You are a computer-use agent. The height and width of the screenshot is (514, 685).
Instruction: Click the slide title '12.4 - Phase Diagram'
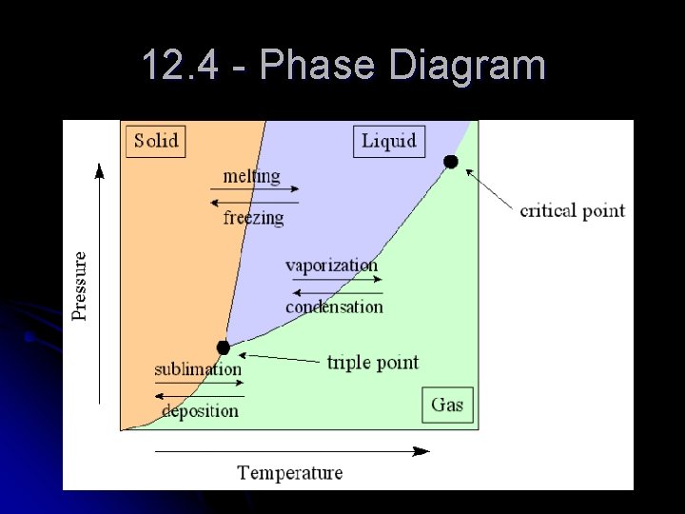(342, 67)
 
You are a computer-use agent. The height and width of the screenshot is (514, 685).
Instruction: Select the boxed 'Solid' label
(155, 141)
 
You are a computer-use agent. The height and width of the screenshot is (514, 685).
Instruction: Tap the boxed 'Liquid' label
(389, 141)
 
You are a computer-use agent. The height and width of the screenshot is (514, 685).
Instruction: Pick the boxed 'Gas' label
(447, 405)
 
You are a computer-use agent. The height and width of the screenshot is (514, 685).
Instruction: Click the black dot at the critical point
(450, 162)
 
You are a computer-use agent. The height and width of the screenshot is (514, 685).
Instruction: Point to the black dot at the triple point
(223, 347)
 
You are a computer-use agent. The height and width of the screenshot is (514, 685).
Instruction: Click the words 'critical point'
(572, 210)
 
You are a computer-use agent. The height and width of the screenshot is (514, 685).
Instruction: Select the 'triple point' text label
(372, 363)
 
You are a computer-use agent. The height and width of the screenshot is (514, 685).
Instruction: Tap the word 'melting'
(251, 176)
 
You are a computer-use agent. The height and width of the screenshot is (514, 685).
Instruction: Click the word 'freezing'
(253, 218)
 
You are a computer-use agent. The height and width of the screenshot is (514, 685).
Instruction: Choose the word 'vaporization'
(331, 266)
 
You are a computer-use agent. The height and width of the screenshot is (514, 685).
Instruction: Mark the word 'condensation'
(334, 306)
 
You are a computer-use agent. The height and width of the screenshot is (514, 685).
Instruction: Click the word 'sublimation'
(198, 369)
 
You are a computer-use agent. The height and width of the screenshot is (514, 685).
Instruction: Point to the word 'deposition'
(200, 411)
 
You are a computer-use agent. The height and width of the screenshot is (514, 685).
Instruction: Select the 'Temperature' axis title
(289, 472)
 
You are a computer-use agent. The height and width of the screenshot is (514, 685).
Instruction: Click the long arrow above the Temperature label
(290, 450)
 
